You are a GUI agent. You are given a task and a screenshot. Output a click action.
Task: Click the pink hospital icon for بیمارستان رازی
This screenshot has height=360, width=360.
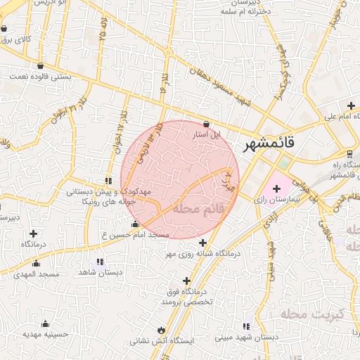click(276, 188)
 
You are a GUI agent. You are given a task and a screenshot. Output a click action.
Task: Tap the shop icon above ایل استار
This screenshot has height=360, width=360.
click(205, 123)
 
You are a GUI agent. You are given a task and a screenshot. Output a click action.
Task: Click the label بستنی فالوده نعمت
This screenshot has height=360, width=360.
click(40, 75)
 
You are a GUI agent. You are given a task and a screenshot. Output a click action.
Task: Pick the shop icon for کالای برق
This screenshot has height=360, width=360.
click(5, 30)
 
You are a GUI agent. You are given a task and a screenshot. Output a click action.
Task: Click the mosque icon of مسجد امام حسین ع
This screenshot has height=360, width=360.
click(135, 224)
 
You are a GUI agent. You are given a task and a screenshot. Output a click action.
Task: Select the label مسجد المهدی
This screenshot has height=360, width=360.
click(36, 274)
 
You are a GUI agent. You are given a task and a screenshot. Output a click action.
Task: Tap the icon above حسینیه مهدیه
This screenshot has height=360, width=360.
click(46, 323)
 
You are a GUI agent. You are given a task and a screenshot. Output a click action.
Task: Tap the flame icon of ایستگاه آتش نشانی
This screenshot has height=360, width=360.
click(160, 329)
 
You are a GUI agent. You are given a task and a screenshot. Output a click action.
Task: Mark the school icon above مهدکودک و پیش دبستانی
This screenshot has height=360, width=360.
click(108, 181)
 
